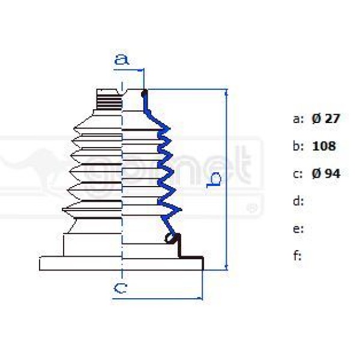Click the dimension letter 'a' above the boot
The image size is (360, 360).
click(x=122, y=59)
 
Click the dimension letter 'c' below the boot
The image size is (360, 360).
click(x=120, y=289)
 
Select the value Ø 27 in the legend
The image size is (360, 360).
click(x=326, y=119)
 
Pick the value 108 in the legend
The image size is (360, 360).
click(x=325, y=146)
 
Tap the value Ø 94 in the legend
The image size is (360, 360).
click(x=326, y=174)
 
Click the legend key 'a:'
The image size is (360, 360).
click(x=299, y=119)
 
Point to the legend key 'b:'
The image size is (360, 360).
click(x=299, y=146)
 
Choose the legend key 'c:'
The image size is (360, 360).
click(x=298, y=174)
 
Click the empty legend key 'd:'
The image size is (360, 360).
click(x=299, y=201)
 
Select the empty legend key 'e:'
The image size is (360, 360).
click(x=298, y=229)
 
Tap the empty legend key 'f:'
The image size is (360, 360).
click(x=297, y=256)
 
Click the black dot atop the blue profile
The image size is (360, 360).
click(x=145, y=93)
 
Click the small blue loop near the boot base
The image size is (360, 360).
click(x=172, y=239)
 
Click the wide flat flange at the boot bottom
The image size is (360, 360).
click(x=120, y=263)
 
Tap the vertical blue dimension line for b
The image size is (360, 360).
click(x=227, y=180)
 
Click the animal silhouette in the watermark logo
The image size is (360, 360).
click(x=30, y=171)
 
